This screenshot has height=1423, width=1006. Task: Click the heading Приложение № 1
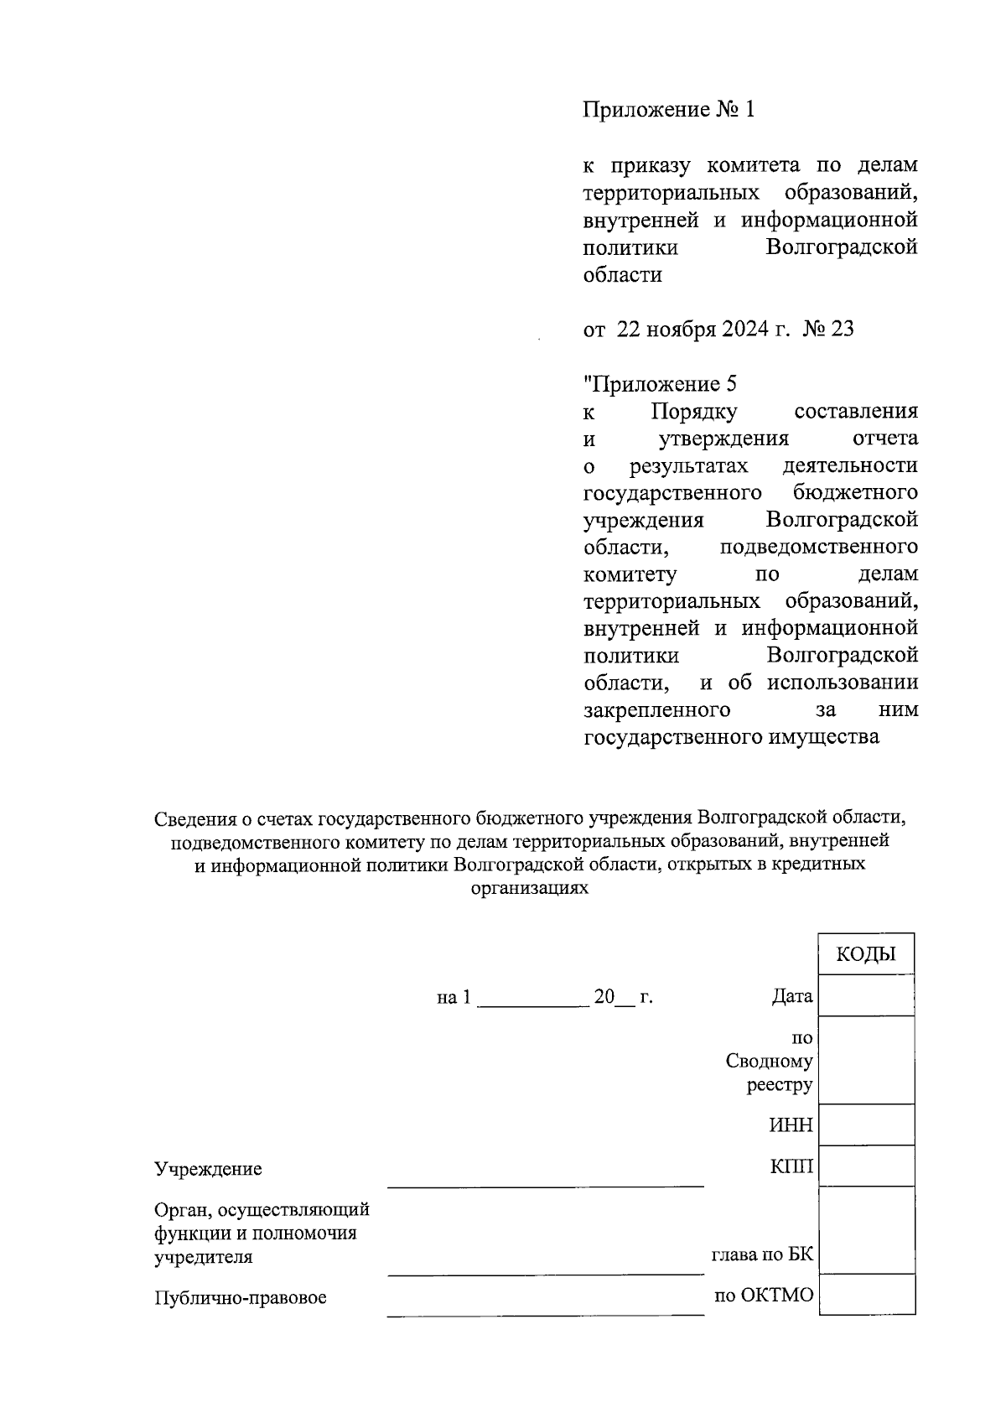click(x=669, y=110)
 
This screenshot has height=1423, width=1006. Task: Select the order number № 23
click(x=828, y=330)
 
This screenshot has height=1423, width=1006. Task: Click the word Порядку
click(x=693, y=412)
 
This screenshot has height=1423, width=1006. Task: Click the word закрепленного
click(x=656, y=710)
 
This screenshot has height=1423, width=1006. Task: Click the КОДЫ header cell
click(x=866, y=954)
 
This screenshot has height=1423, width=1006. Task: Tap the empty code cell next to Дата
click(x=866, y=995)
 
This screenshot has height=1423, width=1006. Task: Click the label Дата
click(x=792, y=997)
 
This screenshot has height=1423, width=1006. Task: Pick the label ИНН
click(x=791, y=1125)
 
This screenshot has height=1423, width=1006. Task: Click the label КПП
click(x=791, y=1166)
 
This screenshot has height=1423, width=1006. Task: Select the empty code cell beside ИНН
click(x=866, y=1124)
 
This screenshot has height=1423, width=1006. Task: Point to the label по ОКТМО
click(x=764, y=1296)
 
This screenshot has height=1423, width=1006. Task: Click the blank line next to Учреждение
click(x=545, y=1178)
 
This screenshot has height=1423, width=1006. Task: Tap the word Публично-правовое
click(x=241, y=1298)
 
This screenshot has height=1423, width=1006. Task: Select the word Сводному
click(x=769, y=1062)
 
